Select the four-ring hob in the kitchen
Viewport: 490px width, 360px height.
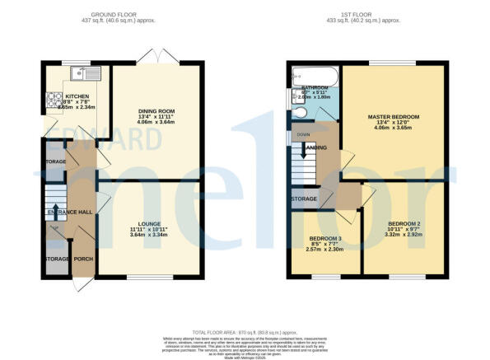(54, 104)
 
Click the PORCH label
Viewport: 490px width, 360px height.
(83, 260)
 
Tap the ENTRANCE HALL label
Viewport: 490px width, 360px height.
(72, 213)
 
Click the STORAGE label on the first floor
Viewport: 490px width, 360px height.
(304, 199)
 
